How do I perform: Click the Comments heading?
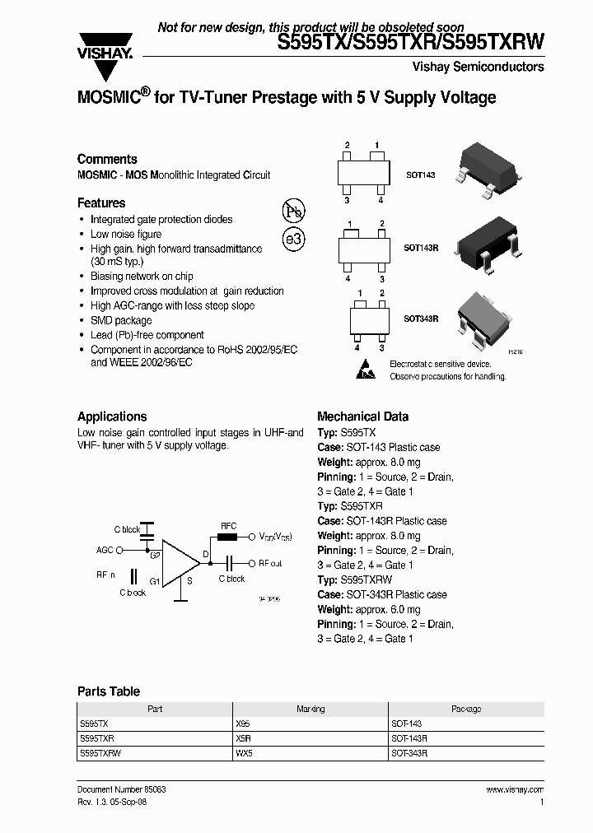(107, 159)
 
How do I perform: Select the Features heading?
(101, 202)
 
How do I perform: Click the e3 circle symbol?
(293, 240)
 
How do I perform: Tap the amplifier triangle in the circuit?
(180, 565)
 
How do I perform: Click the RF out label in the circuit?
(270, 564)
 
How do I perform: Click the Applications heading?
(112, 416)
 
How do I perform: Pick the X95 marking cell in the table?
(243, 723)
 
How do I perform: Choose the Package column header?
(465, 709)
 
